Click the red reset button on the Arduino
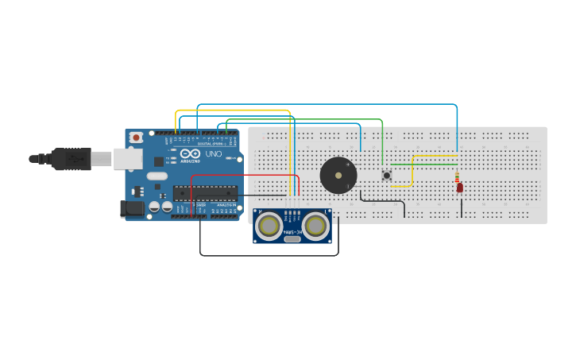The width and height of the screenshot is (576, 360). tap(136, 137)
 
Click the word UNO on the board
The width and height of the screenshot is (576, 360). tap(214, 153)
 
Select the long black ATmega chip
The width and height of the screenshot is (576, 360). tap(206, 193)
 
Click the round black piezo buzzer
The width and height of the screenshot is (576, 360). tap(338, 175)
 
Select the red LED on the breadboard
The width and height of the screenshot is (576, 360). tap(459, 188)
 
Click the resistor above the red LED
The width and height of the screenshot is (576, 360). tap(457, 176)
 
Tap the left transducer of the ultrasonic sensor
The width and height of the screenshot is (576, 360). tap(269, 226)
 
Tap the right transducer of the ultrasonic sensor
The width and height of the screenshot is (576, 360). tap(315, 226)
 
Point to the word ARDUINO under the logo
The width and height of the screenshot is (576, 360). tap(191, 161)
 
